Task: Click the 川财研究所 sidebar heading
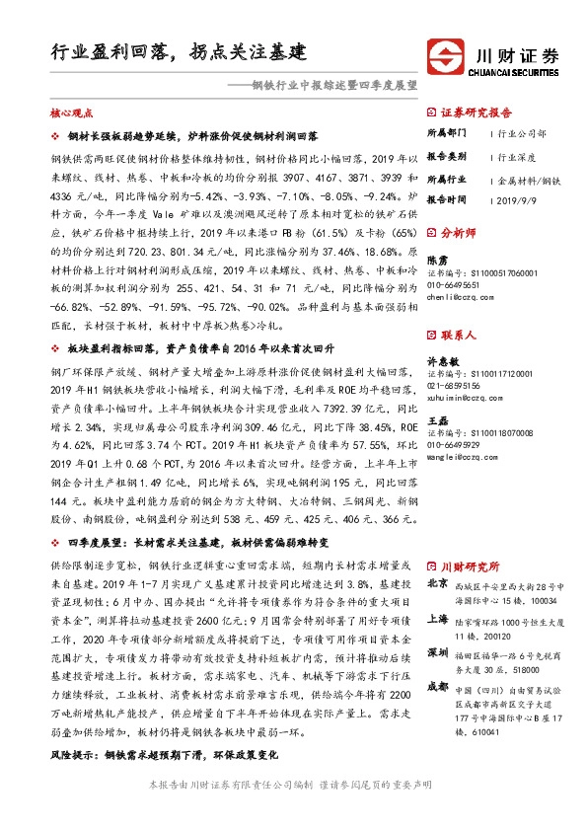coord(469,567)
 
